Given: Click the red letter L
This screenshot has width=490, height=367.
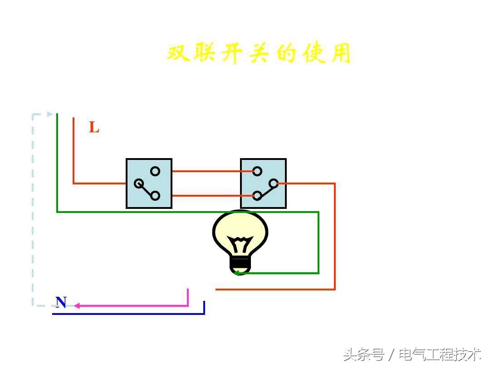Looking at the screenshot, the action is pos(94,127).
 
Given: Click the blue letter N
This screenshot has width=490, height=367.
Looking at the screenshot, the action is pos(61,302).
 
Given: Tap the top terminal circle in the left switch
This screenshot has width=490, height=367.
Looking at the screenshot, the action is pos(155,171).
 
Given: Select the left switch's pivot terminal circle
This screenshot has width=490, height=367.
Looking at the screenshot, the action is pos(139,183).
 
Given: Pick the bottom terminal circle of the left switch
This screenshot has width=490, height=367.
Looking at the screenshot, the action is pos(155,196).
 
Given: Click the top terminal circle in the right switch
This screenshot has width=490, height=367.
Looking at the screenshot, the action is pos(257,171).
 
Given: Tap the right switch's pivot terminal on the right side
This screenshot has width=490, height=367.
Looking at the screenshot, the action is pos(274,183).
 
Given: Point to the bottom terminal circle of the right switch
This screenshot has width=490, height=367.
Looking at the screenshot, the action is pos(257,196).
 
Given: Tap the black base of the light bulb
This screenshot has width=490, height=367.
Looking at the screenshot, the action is pos(240,265).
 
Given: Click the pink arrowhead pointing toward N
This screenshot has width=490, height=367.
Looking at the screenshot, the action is pos(77,305).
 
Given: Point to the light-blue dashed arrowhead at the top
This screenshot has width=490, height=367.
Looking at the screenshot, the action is pos(50,114).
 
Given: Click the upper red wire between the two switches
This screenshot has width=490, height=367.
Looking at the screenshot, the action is pos(212,171).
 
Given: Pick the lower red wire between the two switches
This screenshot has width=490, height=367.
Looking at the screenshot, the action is pos(212,196).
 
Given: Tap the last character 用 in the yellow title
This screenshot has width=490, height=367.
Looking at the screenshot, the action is pos(341,53).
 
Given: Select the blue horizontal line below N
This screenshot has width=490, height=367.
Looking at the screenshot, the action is pos(128,314).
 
